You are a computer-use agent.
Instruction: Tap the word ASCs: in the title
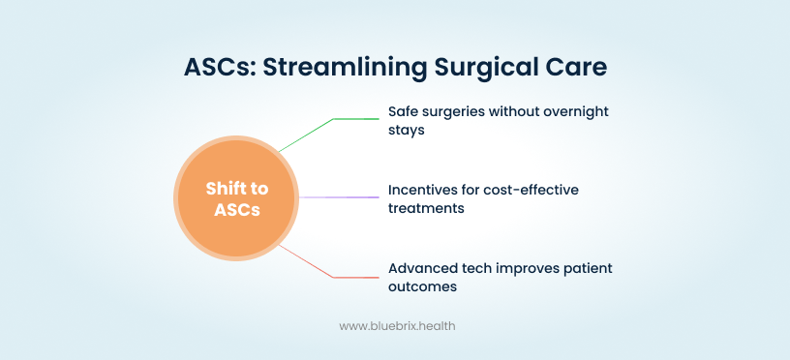click(x=219, y=68)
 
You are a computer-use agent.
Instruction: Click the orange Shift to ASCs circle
click(x=236, y=197)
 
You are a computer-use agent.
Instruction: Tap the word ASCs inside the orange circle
click(x=237, y=209)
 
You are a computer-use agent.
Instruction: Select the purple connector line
click(x=339, y=197)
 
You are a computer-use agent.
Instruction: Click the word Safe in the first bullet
click(x=400, y=112)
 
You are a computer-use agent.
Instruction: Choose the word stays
click(x=406, y=130)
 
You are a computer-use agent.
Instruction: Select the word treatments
click(x=426, y=208)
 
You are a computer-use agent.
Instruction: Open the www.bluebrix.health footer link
click(x=397, y=326)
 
